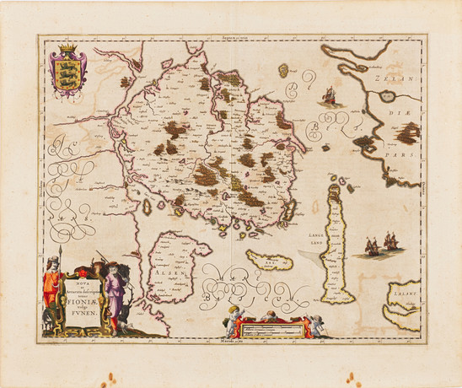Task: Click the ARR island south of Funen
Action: click(x=268, y=260)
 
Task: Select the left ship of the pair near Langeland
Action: click(x=373, y=246)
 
